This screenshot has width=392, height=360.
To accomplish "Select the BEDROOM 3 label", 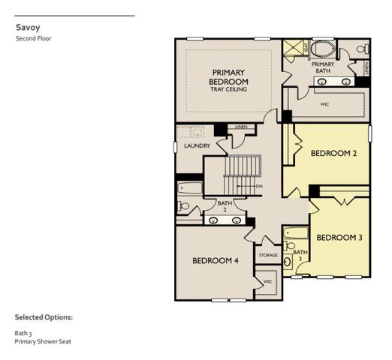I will pos(339,237).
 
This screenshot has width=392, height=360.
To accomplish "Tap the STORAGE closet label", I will pos(268,255).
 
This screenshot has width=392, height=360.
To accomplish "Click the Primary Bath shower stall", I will pos(295,48).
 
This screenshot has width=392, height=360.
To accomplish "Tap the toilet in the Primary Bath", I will pos(361,49).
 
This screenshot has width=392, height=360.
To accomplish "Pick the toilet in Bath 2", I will pos(184,205).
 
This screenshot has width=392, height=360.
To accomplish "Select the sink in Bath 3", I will pos(287,262).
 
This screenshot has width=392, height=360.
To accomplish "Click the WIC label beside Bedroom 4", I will pos(267,281).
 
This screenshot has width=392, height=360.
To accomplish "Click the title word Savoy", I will pos(27,27).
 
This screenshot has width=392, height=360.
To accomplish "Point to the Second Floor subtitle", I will pos(34,38).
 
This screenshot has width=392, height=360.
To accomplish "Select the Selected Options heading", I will pos(44,317).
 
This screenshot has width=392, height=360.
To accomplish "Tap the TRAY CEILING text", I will pos(228,89).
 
